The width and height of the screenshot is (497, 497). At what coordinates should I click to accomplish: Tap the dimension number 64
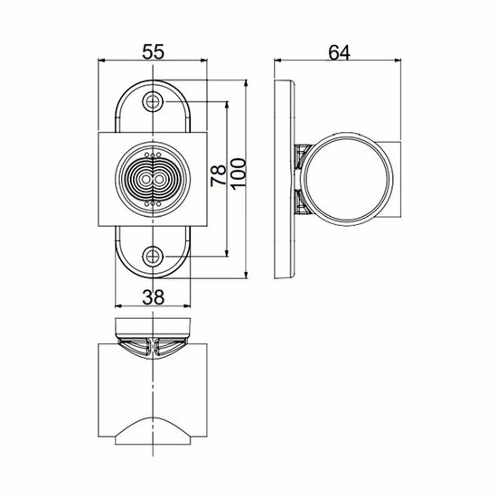[x=339, y=53]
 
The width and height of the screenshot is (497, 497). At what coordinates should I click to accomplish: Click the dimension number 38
[x=153, y=294]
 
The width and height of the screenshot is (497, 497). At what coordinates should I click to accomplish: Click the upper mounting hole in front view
[x=153, y=101]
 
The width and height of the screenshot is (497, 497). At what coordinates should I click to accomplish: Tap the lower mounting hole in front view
[x=153, y=256]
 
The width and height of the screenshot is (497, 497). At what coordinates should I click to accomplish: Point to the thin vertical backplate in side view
[x=285, y=178]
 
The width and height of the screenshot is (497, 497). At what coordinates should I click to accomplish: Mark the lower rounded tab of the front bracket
[x=153, y=253]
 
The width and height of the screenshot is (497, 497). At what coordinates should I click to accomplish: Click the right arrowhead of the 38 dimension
[x=188, y=305]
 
